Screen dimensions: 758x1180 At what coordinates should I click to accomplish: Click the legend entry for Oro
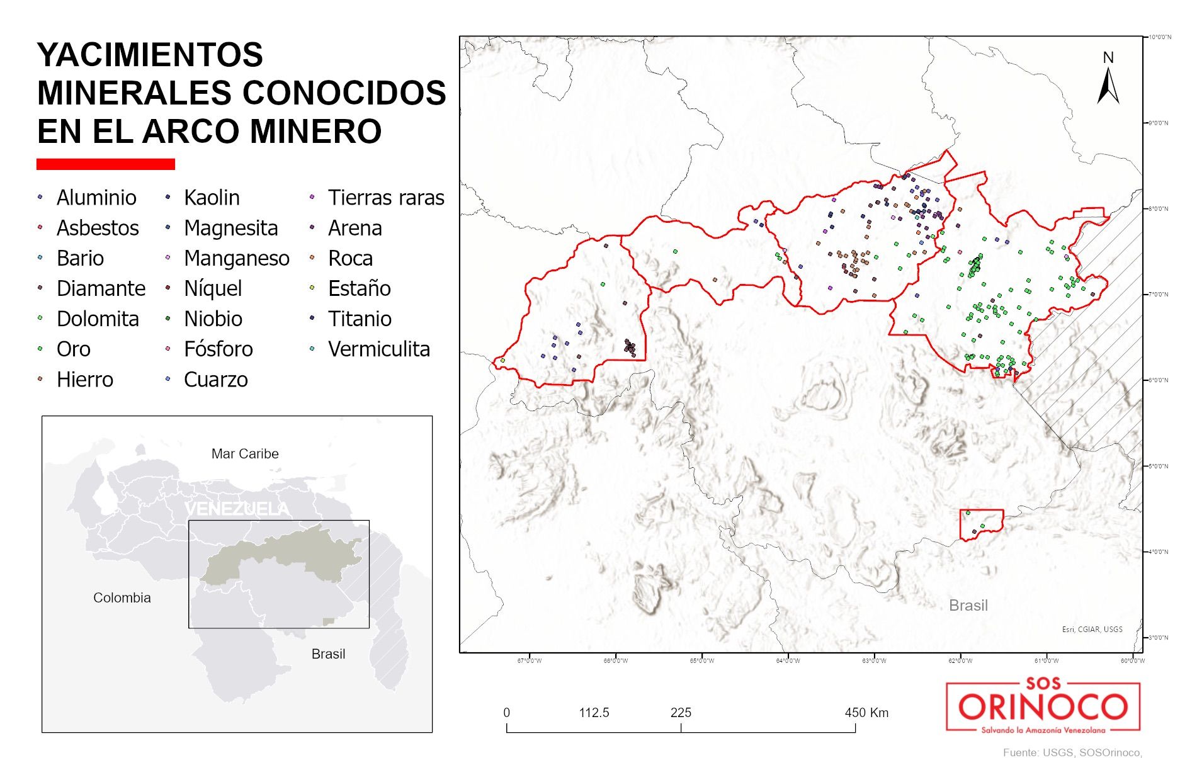coord(73,349)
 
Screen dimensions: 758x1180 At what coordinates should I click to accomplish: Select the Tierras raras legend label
coord(385,198)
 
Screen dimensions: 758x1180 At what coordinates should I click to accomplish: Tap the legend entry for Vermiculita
coord(378,349)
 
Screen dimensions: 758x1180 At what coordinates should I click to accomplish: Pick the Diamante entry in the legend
coord(101,288)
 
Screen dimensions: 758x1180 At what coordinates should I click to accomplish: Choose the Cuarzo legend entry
coord(215,380)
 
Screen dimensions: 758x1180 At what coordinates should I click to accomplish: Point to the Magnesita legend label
coord(230,228)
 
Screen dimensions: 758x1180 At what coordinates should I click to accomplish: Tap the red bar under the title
coord(106,164)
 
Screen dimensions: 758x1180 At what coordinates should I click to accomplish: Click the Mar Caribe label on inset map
coord(245,454)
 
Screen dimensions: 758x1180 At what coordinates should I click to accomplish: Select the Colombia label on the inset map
coord(122,598)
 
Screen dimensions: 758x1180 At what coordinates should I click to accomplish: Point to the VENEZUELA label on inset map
coord(237,509)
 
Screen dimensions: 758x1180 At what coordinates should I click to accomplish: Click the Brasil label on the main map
coord(968,606)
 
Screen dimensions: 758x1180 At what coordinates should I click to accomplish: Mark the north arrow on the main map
coord(1108,80)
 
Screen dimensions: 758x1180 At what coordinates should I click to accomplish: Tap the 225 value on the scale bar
coord(681,713)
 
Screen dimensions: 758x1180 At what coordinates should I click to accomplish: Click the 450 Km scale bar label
coord(866,713)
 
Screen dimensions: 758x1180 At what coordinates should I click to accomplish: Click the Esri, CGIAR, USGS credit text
coord(1092,629)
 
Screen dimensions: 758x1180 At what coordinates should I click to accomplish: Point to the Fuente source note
coord(1072,752)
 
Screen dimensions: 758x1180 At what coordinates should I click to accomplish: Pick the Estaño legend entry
coord(359,288)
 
